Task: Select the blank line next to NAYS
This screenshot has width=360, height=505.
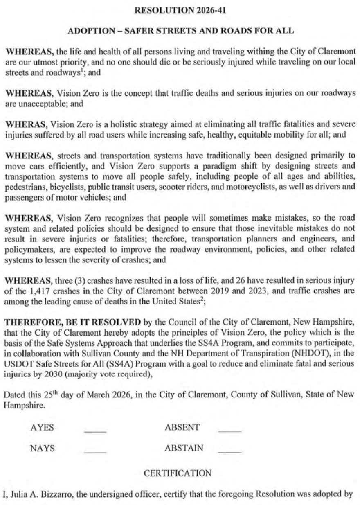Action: [95, 451]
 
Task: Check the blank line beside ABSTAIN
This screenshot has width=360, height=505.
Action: [230, 451]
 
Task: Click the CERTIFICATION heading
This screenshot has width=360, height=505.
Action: [178, 473]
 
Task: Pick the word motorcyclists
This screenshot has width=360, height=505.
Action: [251, 190]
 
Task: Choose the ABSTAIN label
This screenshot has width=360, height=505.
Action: [184, 448]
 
